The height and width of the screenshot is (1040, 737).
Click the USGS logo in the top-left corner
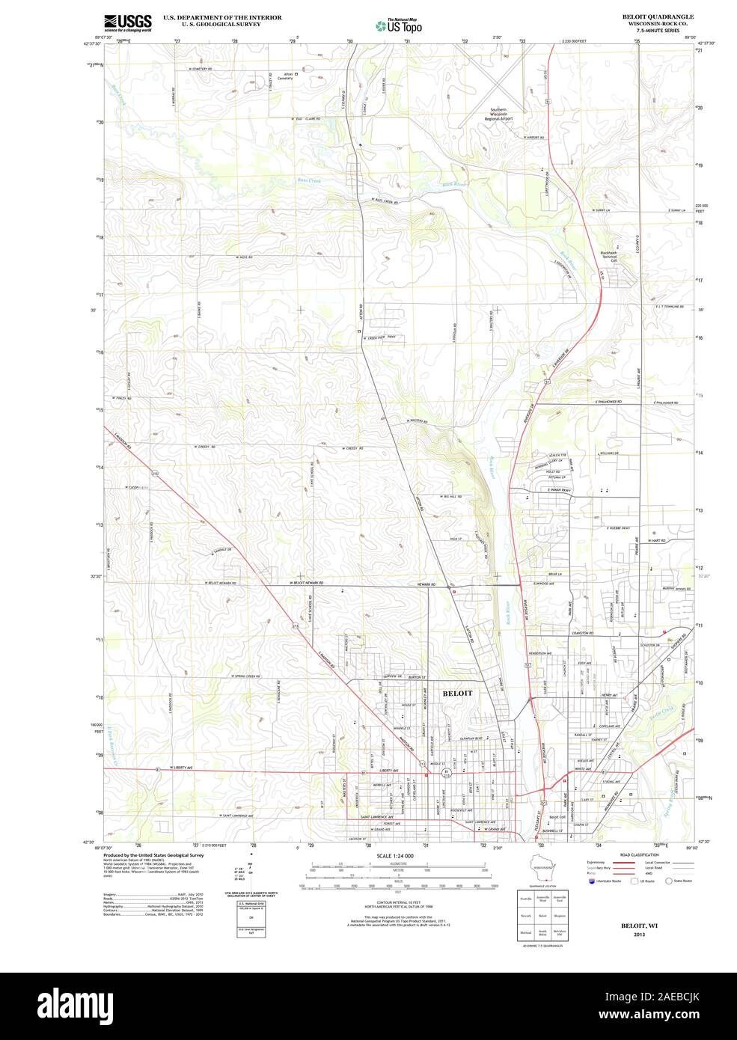coord(128,22)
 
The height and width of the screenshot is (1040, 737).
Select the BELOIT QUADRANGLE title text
coord(647,16)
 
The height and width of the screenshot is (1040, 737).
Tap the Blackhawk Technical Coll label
coord(616,257)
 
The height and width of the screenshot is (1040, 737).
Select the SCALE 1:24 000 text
coord(395,855)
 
